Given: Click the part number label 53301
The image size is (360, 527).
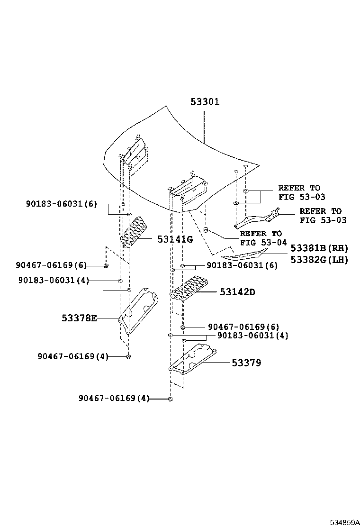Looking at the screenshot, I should [x=205, y=102].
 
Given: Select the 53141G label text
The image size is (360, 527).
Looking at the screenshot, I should [x=175, y=239].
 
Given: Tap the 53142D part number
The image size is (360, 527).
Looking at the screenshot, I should [x=237, y=292].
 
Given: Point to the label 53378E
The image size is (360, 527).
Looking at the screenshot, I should [x=79, y=318].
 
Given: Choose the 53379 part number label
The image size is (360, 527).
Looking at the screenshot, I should [x=246, y=363].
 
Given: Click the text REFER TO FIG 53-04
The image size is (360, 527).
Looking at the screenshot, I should [x=263, y=238].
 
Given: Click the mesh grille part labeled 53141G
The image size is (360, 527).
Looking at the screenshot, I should [x=133, y=232].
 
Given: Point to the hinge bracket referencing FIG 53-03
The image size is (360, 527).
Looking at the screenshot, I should [x=256, y=218].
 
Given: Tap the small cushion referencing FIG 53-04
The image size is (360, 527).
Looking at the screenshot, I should [x=207, y=230].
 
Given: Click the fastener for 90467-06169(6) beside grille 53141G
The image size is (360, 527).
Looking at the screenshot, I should [x=107, y=265].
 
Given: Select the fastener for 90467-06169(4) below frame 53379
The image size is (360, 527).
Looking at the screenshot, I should [x=171, y=399].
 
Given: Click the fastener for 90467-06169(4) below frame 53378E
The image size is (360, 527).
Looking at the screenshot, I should [x=128, y=356].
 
